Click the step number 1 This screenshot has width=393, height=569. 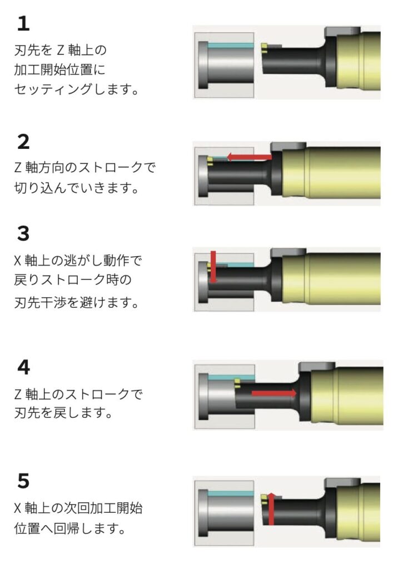tap(23, 23)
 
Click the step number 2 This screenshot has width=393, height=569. tap(23, 142)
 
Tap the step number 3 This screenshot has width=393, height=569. tap(23, 233)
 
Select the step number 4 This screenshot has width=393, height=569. tap(23, 367)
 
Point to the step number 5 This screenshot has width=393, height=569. tap(23, 481)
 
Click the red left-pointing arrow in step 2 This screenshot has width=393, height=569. tap(249, 157)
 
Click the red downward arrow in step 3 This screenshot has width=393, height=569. tap(213, 267)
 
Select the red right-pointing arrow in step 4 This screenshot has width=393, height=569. tap(274, 393)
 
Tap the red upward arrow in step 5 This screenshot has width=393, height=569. tap(271, 509)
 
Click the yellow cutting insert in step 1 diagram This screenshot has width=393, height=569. tap(265, 48)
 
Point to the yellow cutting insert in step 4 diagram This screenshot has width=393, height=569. tap(237, 383)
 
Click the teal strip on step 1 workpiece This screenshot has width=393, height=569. tap(231, 46)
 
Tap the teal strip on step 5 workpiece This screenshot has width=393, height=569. tap(231, 494)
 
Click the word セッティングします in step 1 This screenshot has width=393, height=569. tap(76, 89)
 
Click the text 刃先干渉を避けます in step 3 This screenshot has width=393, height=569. tap(76, 302)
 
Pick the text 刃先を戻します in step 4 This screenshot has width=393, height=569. tap(63, 413)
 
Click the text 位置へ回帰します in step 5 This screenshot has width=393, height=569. tap(69, 528)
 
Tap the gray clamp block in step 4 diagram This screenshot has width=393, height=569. tap(316, 367)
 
